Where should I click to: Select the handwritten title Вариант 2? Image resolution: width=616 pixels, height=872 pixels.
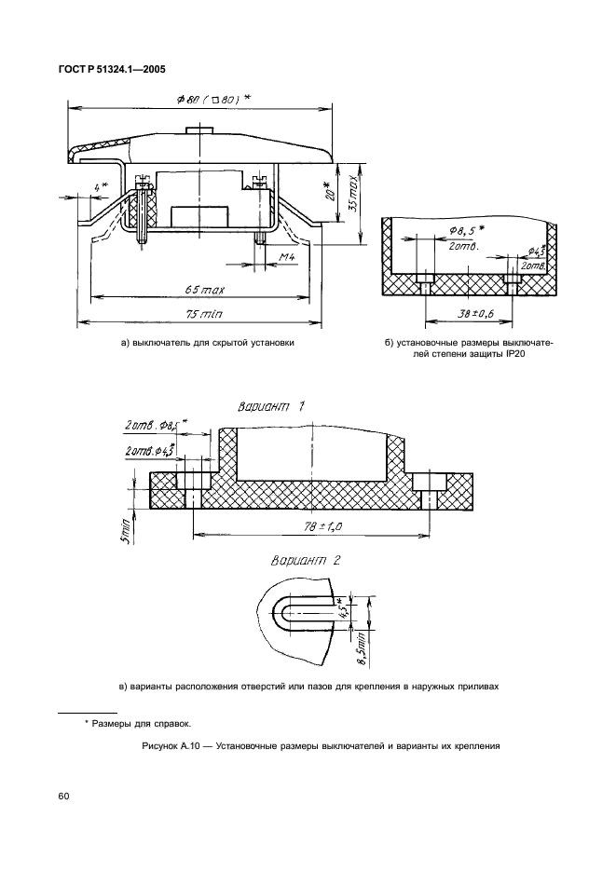305,561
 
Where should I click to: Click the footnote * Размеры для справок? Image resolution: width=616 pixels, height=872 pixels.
137,723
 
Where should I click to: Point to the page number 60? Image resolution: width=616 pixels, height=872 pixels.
63,796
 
